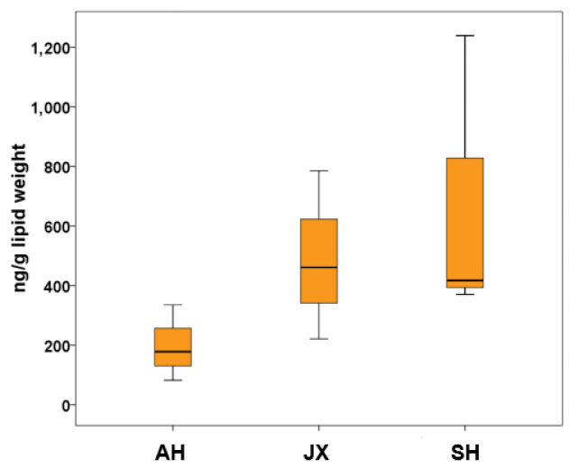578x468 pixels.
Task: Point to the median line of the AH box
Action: tap(172, 351)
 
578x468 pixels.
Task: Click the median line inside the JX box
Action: tap(318, 267)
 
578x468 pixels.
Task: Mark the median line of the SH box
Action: tap(464, 280)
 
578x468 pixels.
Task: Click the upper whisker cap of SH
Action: tap(464, 36)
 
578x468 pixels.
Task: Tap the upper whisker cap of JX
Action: tap(318, 170)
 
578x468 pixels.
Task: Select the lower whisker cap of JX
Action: tap(318, 338)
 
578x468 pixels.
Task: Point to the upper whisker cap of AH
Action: tap(172, 305)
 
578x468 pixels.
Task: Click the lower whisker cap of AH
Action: tap(172, 380)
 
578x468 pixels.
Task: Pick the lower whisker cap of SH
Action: tap(464, 294)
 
